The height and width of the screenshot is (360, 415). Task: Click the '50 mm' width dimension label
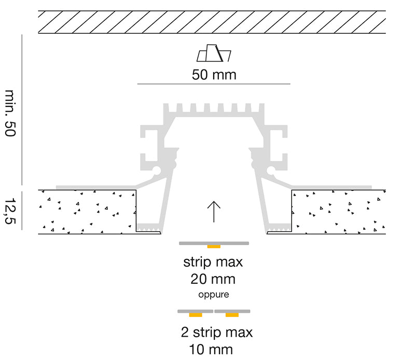coord(214,75)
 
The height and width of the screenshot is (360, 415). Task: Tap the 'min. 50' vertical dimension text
coord(10,113)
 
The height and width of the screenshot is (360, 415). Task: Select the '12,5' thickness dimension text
coord(10,211)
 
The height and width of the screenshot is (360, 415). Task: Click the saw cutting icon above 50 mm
coord(214,53)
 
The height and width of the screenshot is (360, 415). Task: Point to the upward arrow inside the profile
coord(214,212)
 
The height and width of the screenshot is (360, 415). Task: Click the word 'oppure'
coord(214,294)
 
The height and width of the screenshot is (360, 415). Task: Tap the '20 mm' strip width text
coord(213,279)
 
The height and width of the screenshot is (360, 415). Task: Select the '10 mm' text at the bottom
coord(211,350)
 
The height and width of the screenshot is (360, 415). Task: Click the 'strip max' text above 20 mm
coord(213,262)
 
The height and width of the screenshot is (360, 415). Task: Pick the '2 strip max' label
coord(217,332)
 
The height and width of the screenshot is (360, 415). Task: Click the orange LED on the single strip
coord(214,247)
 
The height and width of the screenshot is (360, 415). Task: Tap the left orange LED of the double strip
coord(196,315)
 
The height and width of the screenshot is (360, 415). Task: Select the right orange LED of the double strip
coord(232,315)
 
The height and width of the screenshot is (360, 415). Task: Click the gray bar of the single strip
coord(214,243)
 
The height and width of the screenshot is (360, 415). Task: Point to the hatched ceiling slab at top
coord(212,22)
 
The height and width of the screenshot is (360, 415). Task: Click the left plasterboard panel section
coord(87,212)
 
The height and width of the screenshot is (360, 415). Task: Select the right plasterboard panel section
coord(339,212)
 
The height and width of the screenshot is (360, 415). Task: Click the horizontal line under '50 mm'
coord(214,84)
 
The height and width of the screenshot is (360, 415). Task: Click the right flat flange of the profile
coord(331,187)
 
